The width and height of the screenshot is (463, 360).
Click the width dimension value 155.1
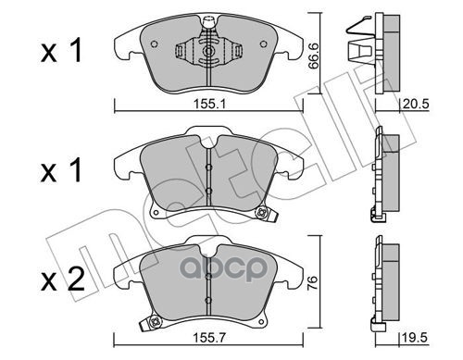[209, 104]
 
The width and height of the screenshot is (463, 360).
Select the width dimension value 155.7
[209, 338]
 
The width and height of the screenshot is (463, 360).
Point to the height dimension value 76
[312, 279]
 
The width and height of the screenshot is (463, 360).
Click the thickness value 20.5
[416, 104]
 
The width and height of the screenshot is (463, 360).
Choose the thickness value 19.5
[415, 338]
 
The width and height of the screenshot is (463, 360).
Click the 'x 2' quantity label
[63, 279]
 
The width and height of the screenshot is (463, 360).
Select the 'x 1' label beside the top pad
[61, 51]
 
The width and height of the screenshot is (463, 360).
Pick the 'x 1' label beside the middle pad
[61, 169]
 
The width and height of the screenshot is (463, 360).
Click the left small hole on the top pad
[155, 44]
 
